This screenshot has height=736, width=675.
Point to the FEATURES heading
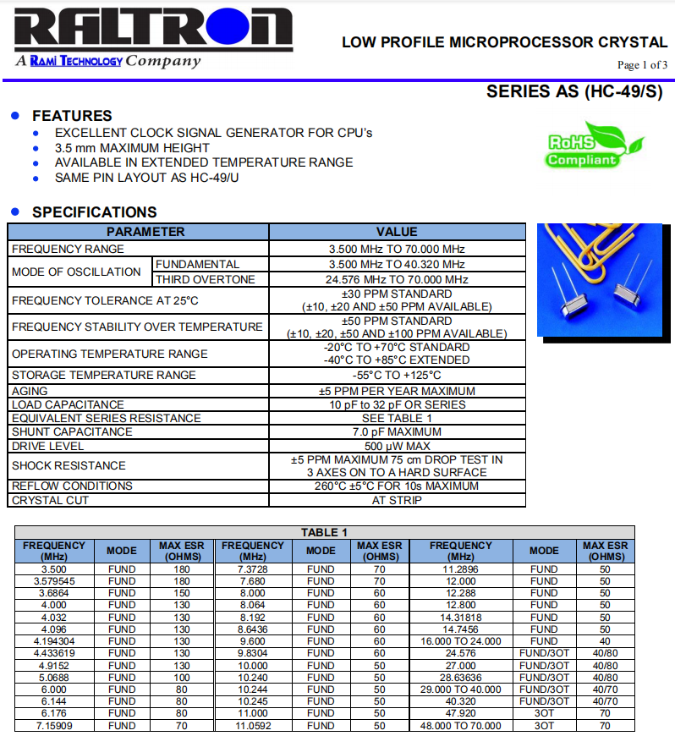pyautogui.click(x=72, y=116)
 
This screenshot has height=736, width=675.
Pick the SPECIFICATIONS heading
pyautogui.click(x=95, y=212)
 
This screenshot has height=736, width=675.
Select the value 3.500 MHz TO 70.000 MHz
pyautogui.click(x=397, y=249)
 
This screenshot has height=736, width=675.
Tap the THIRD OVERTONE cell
pyautogui.click(x=206, y=279)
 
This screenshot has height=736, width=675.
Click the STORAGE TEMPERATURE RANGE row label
pyautogui.click(x=104, y=375)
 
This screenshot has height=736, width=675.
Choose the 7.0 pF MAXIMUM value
pyautogui.click(x=397, y=431)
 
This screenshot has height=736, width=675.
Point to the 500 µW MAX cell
pyautogui.click(x=397, y=446)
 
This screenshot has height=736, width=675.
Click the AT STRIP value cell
pyautogui.click(x=397, y=500)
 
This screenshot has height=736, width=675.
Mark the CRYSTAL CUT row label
pyautogui.click(x=51, y=500)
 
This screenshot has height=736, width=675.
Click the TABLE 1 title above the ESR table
pyautogui.click(x=324, y=532)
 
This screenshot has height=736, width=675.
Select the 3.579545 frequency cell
pyautogui.click(x=54, y=581)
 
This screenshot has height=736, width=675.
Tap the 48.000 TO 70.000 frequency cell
pyautogui.click(x=460, y=725)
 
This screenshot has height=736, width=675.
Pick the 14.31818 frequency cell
pyautogui.click(x=460, y=618)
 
